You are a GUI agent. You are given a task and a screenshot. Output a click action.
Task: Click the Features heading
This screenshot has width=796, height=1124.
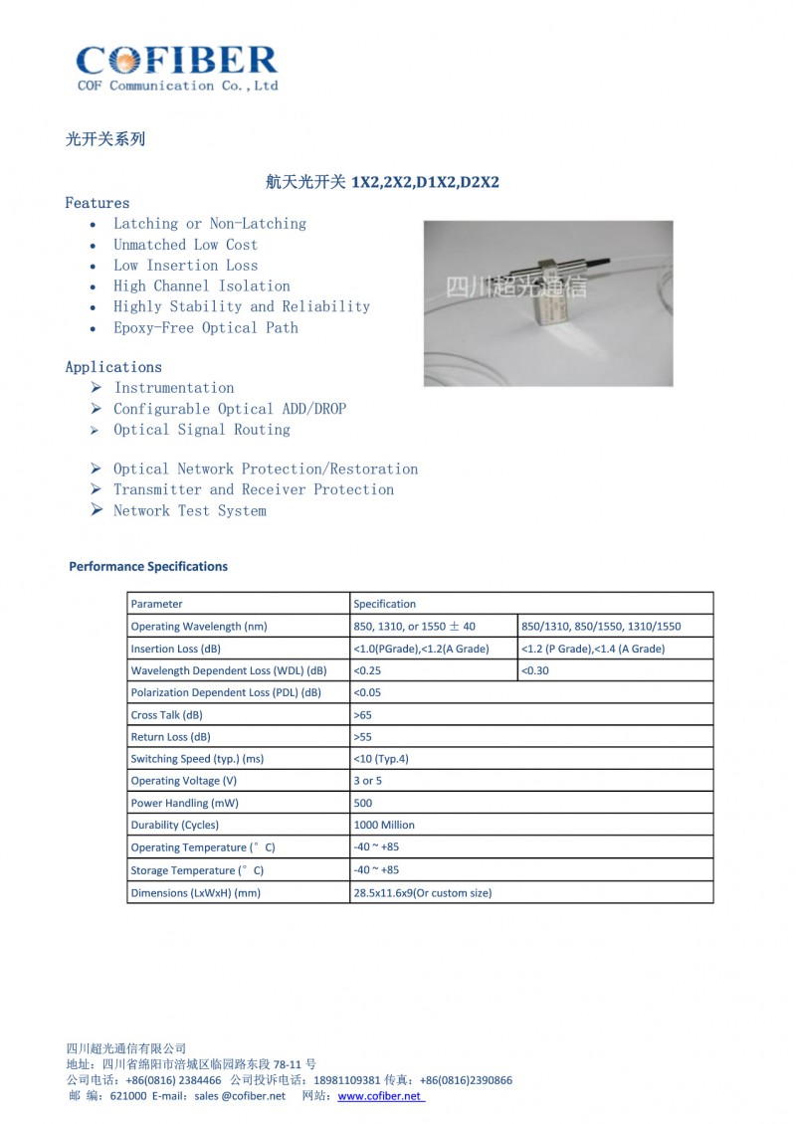click(x=98, y=203)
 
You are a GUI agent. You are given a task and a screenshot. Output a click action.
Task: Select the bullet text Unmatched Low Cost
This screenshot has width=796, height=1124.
click(x=185, y=245)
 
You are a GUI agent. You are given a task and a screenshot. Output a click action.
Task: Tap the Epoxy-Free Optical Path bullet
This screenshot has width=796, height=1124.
click(x=205, y=327)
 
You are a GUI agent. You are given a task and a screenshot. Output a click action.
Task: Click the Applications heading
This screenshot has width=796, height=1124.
click(x=113, y=367)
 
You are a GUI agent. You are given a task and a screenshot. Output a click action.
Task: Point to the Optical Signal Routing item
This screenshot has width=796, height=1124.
click(x=201, y=430)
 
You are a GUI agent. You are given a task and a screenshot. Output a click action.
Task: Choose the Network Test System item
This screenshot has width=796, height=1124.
click(x=189, y=511)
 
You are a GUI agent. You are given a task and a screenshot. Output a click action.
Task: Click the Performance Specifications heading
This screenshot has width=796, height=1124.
click(x=148, y=567)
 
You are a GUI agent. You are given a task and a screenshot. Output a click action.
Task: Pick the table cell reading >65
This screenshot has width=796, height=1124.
click(x=362, y=715)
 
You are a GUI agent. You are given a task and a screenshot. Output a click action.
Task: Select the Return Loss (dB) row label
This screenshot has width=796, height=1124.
click(x=170, y=737)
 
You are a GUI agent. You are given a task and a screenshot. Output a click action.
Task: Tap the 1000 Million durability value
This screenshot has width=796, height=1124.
click(x=384, y=825)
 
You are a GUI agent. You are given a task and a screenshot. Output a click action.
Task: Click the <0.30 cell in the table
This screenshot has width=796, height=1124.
click(x=534, y=670)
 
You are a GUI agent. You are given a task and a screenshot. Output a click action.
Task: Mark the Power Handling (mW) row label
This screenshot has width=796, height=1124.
click(x=184, y=803)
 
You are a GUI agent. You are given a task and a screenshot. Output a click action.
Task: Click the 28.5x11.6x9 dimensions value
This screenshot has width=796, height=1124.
click(x=422, y=892)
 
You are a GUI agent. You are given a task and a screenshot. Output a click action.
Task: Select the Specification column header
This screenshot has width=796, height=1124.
click(x=385, y=604)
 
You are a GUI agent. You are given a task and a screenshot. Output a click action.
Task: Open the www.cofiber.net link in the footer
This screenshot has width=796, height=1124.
click(x=381, y=1096)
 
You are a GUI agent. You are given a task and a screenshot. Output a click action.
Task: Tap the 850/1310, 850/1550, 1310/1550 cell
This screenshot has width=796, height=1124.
click(x=601, y=627)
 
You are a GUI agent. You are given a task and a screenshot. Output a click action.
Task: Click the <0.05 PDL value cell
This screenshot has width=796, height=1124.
click(x=367, y=692)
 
